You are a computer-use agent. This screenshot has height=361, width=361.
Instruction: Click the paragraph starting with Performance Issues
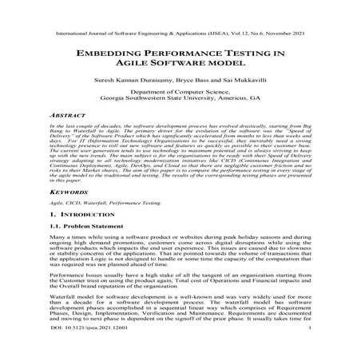[180, 289]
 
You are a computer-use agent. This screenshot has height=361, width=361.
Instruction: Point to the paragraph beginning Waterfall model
[180, 326]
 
